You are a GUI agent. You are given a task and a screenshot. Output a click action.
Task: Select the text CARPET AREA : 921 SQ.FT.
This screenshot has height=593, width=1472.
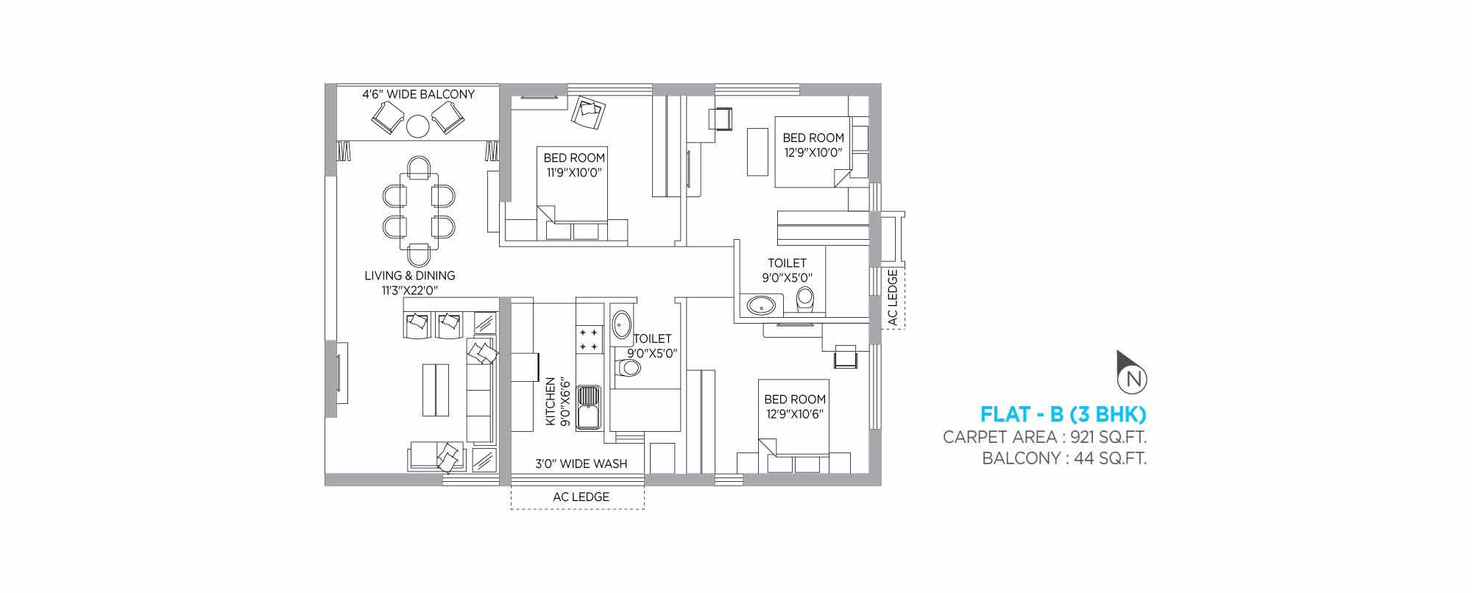coord(1045,437)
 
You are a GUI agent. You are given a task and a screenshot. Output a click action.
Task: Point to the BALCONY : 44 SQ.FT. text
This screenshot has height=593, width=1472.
coord(1065,459)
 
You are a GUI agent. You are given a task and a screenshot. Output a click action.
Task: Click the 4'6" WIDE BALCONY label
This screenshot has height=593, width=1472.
coord(418,94)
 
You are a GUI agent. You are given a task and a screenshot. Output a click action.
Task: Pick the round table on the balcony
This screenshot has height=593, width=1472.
coord(418,127)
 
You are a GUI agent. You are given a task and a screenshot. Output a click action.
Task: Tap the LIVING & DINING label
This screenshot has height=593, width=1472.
coord(410,275)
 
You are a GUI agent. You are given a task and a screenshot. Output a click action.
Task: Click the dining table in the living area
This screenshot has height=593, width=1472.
coord(418,210)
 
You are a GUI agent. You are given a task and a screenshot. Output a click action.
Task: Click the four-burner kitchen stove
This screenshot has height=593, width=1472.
coord(589,338)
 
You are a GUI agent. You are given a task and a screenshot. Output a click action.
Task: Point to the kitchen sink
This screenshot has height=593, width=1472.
coord(589,407)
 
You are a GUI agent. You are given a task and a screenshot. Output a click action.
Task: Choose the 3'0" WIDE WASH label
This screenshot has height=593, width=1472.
coord(581,464)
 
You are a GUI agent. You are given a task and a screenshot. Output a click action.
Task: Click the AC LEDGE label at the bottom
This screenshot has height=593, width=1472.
coord(581,497)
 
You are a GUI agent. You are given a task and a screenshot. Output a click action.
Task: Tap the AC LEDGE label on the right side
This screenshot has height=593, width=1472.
coord(893,297)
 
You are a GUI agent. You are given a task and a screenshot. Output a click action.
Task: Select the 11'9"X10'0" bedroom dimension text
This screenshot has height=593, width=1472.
coord(575,173)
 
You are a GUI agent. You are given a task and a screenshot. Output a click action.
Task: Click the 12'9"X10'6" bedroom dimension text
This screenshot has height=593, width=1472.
coord(794,413)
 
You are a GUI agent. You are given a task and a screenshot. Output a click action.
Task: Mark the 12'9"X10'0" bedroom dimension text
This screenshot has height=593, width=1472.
coord(813,152)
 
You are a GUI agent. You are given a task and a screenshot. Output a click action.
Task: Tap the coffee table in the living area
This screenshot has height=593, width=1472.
coord(436,389)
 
